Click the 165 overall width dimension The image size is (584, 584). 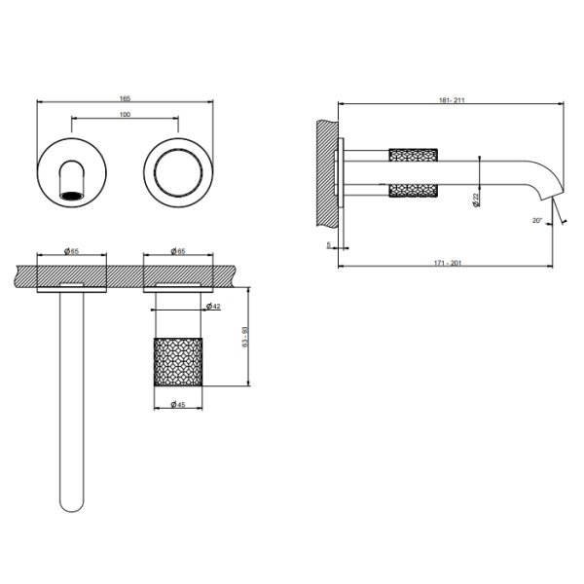[x=126, y=97]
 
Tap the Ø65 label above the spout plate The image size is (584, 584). [x=72, y=252]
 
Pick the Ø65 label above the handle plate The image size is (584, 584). [x=178, y=252]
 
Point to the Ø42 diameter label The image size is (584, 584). [x=213, y=307]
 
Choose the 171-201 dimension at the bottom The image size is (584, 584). [x=447, y=262]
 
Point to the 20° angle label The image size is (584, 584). [x=536, y=221]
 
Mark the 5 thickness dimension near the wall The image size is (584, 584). [x=329, y=245]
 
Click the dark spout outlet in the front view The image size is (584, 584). [x=73, y=193]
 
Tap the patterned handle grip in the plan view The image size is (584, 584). [x=179, y=360]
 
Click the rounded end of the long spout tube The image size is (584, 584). [x=72, y=503]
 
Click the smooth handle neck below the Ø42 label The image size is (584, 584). [x=179, y=320]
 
